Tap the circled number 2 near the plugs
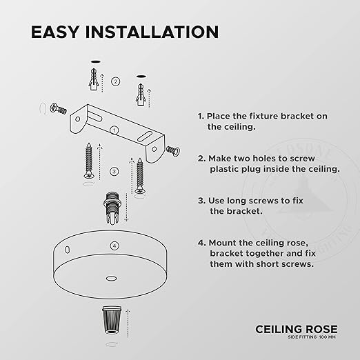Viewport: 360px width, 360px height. tap(116, 81)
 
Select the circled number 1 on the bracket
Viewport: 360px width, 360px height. tap(114, 129)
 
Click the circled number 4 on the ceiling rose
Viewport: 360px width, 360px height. tap(115, 245)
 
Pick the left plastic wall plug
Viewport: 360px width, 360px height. tap(92, 81)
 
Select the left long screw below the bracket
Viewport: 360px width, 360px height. tap(90, 161)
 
